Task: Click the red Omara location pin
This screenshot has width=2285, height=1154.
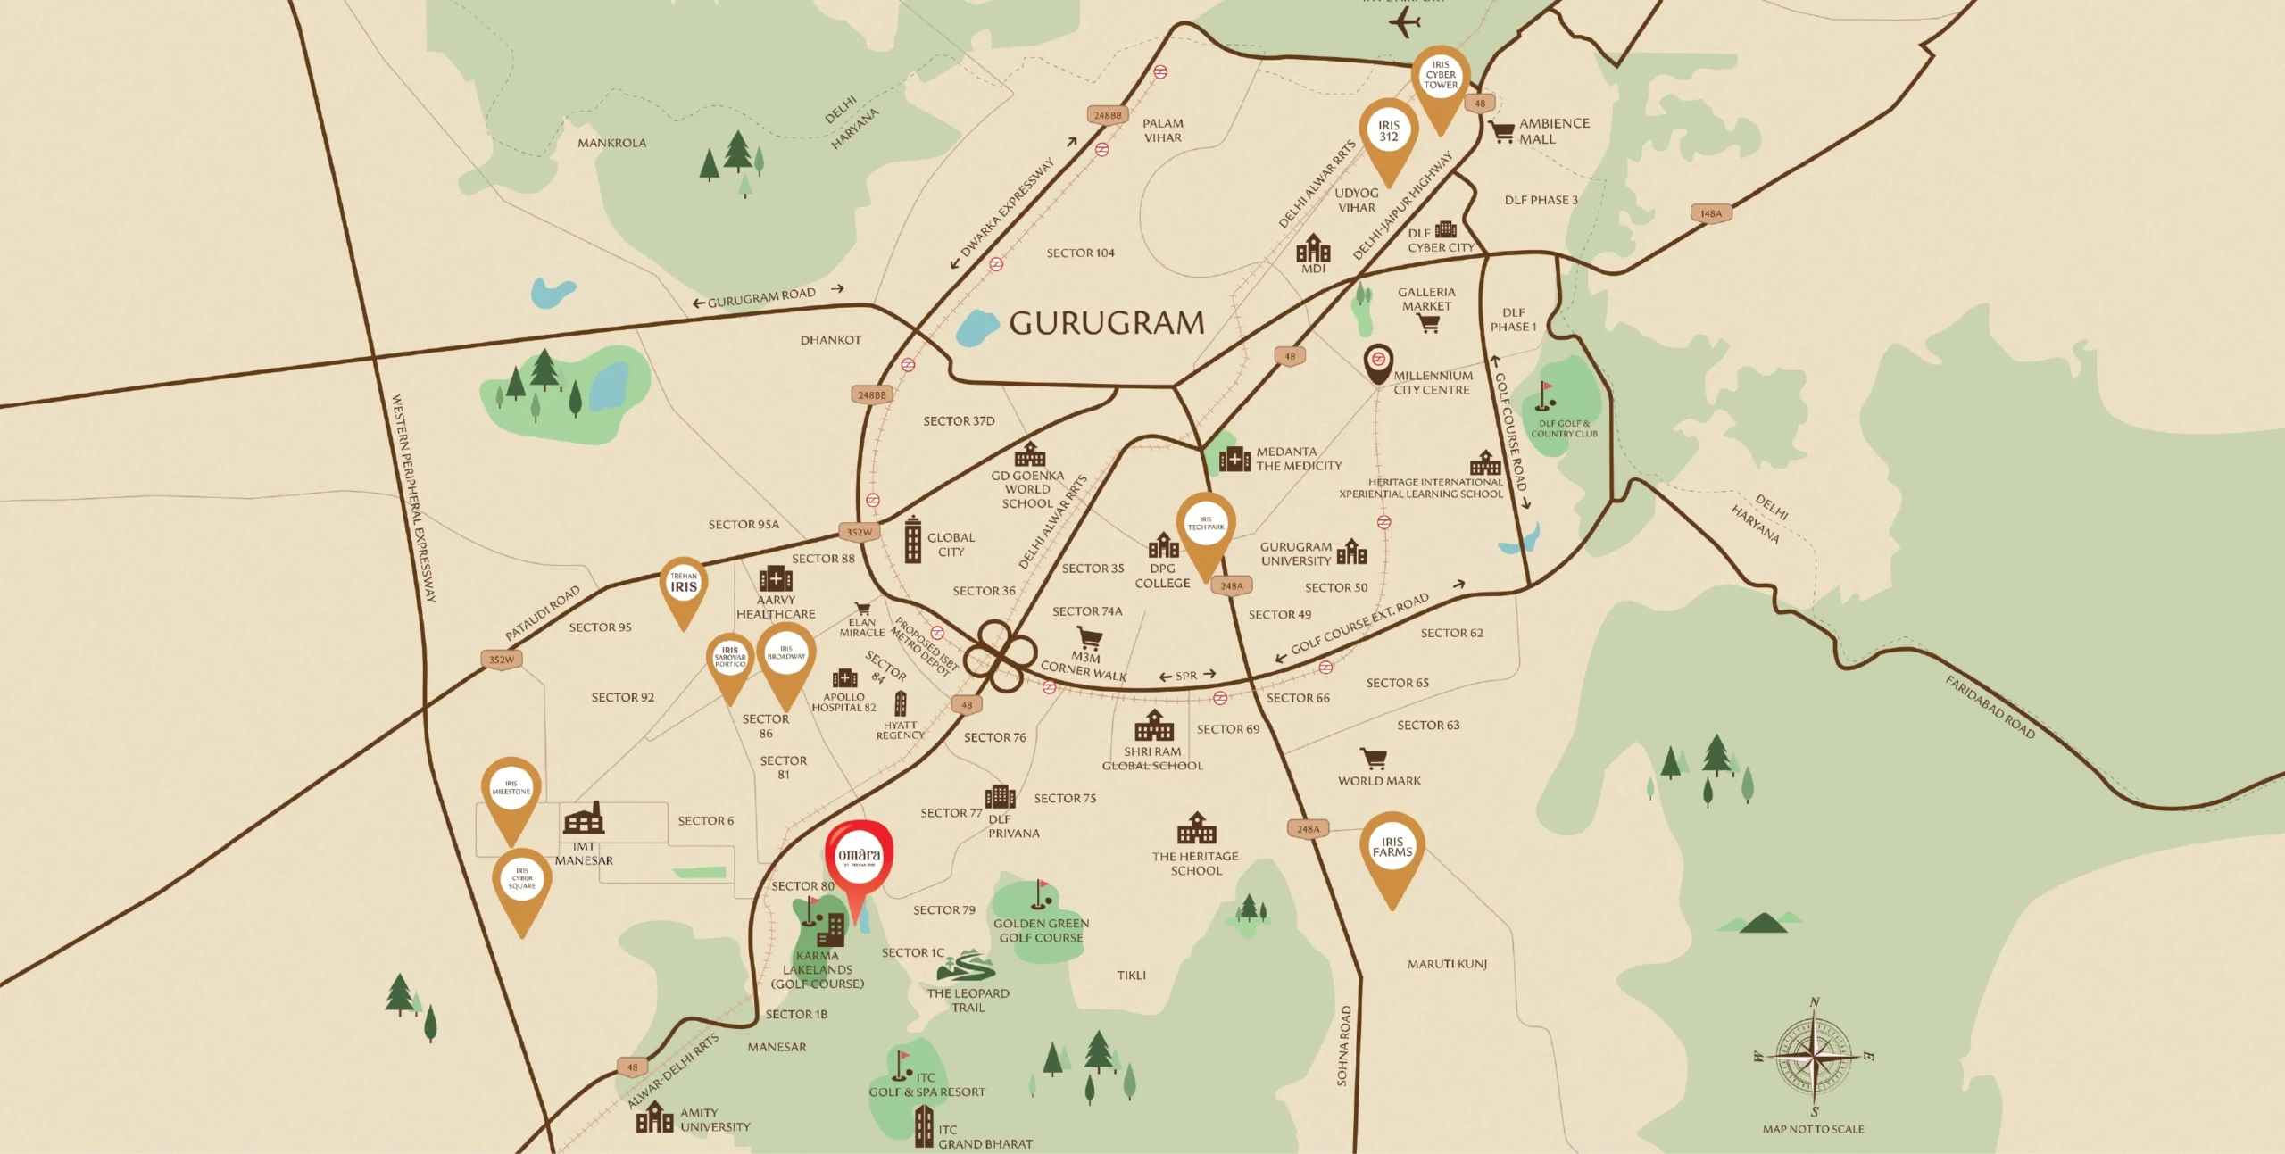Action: [859, 858]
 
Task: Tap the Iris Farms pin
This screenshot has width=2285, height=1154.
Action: [1392, 849]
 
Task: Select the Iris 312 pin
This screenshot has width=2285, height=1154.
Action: [1389, 132]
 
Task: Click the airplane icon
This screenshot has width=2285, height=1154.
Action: [1404, 21]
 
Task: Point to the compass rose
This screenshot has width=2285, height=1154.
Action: [1814, 1057]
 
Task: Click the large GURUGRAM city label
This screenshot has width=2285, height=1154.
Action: [1107, 323]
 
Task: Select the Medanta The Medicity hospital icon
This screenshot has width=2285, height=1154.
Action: [1234, 459]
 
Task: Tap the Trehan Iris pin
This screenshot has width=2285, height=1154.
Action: [684, 585]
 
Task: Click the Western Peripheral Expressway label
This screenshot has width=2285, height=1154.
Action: [414, 498]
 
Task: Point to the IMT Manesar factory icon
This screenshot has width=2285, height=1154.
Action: [584, 818]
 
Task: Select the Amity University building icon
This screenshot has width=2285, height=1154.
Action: [654, 1117]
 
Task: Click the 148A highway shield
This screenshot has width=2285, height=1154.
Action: [1710, 214]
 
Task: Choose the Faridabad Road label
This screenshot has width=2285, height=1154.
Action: [1990, 708]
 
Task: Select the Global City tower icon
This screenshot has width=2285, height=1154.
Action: [912, 539]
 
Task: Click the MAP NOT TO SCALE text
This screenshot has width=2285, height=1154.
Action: [1813, 1129]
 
